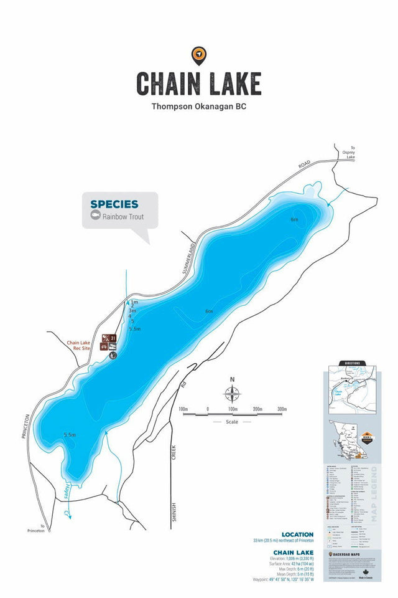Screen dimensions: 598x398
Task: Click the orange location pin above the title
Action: click(198, 55)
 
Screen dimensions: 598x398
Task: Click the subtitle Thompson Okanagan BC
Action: click(199, 107)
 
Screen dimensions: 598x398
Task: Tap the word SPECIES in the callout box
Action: click(114, 204)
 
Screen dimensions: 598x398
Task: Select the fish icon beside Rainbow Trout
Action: click(95, 216)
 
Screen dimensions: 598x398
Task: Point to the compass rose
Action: click(232, 394)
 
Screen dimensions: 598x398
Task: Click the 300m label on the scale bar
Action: click(282, 409)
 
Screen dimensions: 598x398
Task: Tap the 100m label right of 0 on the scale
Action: click(232, 409)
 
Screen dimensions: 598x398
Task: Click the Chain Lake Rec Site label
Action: click(79, 345)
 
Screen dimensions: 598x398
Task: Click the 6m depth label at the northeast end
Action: click(294, 219)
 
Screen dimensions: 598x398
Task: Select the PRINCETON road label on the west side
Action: click(27, 427)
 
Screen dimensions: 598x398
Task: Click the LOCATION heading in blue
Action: click(298, 534)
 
